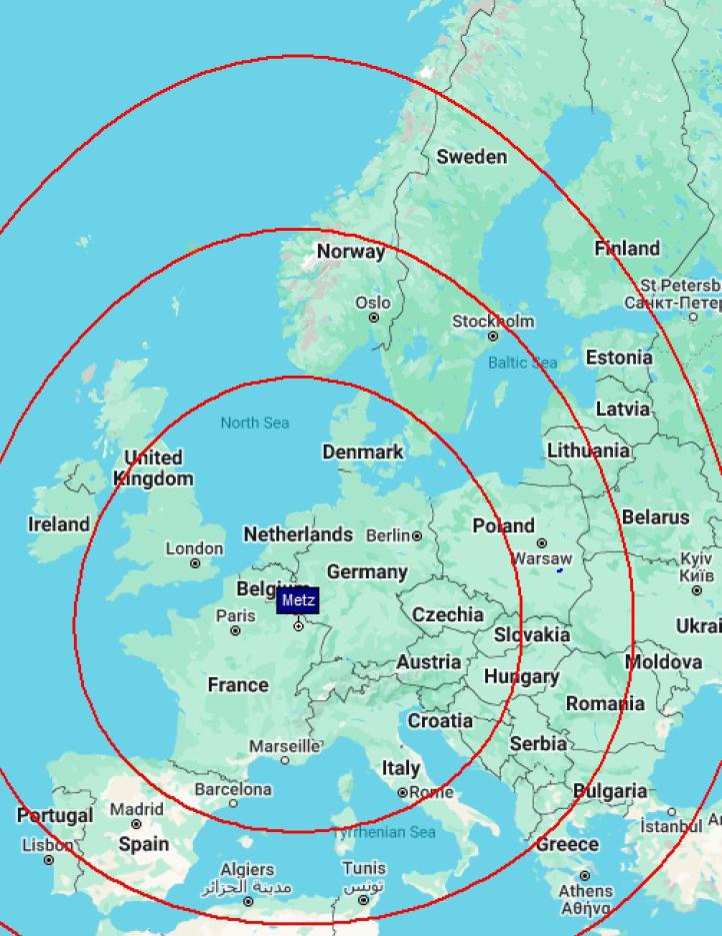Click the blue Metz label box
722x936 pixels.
[x=298, y=600]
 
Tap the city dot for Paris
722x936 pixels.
[x=236, y=630]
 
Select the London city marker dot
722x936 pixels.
[x=195, y=563]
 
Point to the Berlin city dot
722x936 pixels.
[x=417, y=536]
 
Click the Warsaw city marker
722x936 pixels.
[x=541, y=543]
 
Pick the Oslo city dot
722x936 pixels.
[x=374, y=318]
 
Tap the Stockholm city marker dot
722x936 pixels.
[x=492, y=337]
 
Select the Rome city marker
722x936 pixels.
[x=403, y=792]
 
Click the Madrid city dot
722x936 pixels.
[x=136, y=824]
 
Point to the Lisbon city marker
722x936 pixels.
[x=48, y=859]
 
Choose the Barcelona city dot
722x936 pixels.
[x=233, y=803]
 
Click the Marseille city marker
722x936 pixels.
[x=284, y=760]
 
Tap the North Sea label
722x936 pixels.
[x=255, y=423]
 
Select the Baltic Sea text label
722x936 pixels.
[x=522, y=363]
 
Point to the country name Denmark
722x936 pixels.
[x=362, y=452]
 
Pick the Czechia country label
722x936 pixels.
[x=447, y=614]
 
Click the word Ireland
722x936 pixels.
[x=58, y=523]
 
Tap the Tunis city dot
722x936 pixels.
[x=364, y=900]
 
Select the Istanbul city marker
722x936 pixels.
[x=672, y=812]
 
